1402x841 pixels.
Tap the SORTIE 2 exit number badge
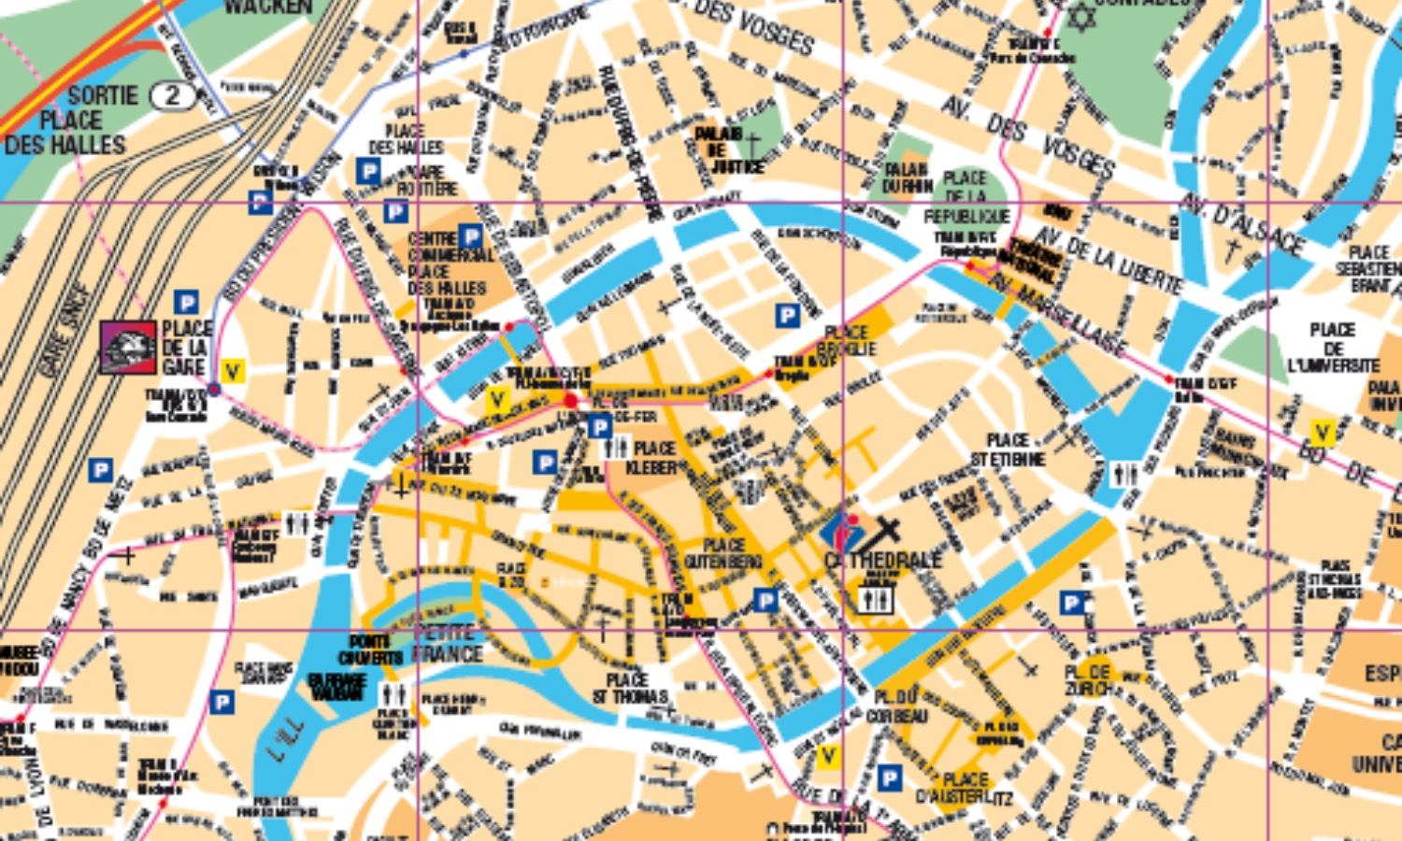tap(172, 95)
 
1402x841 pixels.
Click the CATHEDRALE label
tap(882, 561)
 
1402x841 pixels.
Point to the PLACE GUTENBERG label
tap(723, 553)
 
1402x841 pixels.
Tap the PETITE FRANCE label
tap(448, 643)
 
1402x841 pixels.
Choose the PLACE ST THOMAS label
tap(629, 688)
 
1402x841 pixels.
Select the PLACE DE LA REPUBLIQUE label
tap(966, 197)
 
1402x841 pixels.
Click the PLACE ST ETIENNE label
tap(1008, 449)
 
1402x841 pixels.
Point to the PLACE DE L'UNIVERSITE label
tap(1333, 348)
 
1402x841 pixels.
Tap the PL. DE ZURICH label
tap(1088, 680)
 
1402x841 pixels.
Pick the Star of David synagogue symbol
tap(1080, 17)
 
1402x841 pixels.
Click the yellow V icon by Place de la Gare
tap(232, 372)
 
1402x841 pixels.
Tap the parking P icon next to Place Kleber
tap(599, 428)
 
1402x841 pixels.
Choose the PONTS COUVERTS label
tap(370, 650)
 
